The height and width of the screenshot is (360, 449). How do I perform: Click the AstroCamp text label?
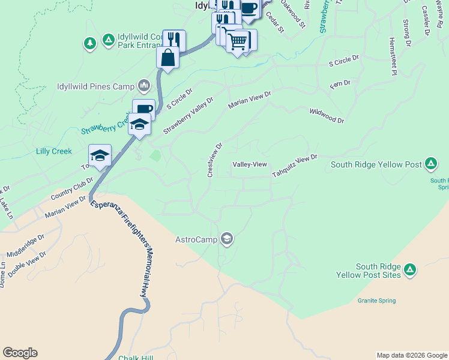(196, 239)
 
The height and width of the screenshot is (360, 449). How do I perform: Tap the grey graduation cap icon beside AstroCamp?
(227, 239)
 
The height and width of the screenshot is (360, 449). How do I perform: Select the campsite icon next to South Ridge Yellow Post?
(430, 163)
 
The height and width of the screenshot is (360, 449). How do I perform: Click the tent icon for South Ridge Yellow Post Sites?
(410, 271)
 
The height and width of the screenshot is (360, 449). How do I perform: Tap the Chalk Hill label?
(136, 358)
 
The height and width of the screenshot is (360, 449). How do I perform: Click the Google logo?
(20, 353)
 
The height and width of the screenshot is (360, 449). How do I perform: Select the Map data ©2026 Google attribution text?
(412, 355)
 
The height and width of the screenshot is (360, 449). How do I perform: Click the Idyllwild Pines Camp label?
(95, 86)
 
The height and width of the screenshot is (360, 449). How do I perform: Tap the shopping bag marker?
(168, 58)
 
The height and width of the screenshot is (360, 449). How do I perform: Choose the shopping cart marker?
(238, 41)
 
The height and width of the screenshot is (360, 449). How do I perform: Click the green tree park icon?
(90, 43)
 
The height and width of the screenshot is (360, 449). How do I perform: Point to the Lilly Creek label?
(54, 152)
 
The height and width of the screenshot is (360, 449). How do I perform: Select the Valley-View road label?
(250, 164)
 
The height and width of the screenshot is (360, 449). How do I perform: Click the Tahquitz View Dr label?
(294, 166)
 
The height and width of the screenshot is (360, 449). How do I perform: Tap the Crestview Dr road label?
(214, 160)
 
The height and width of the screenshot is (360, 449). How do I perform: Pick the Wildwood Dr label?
(327, 116)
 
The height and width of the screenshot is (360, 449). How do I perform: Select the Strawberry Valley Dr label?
(188, 116)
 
